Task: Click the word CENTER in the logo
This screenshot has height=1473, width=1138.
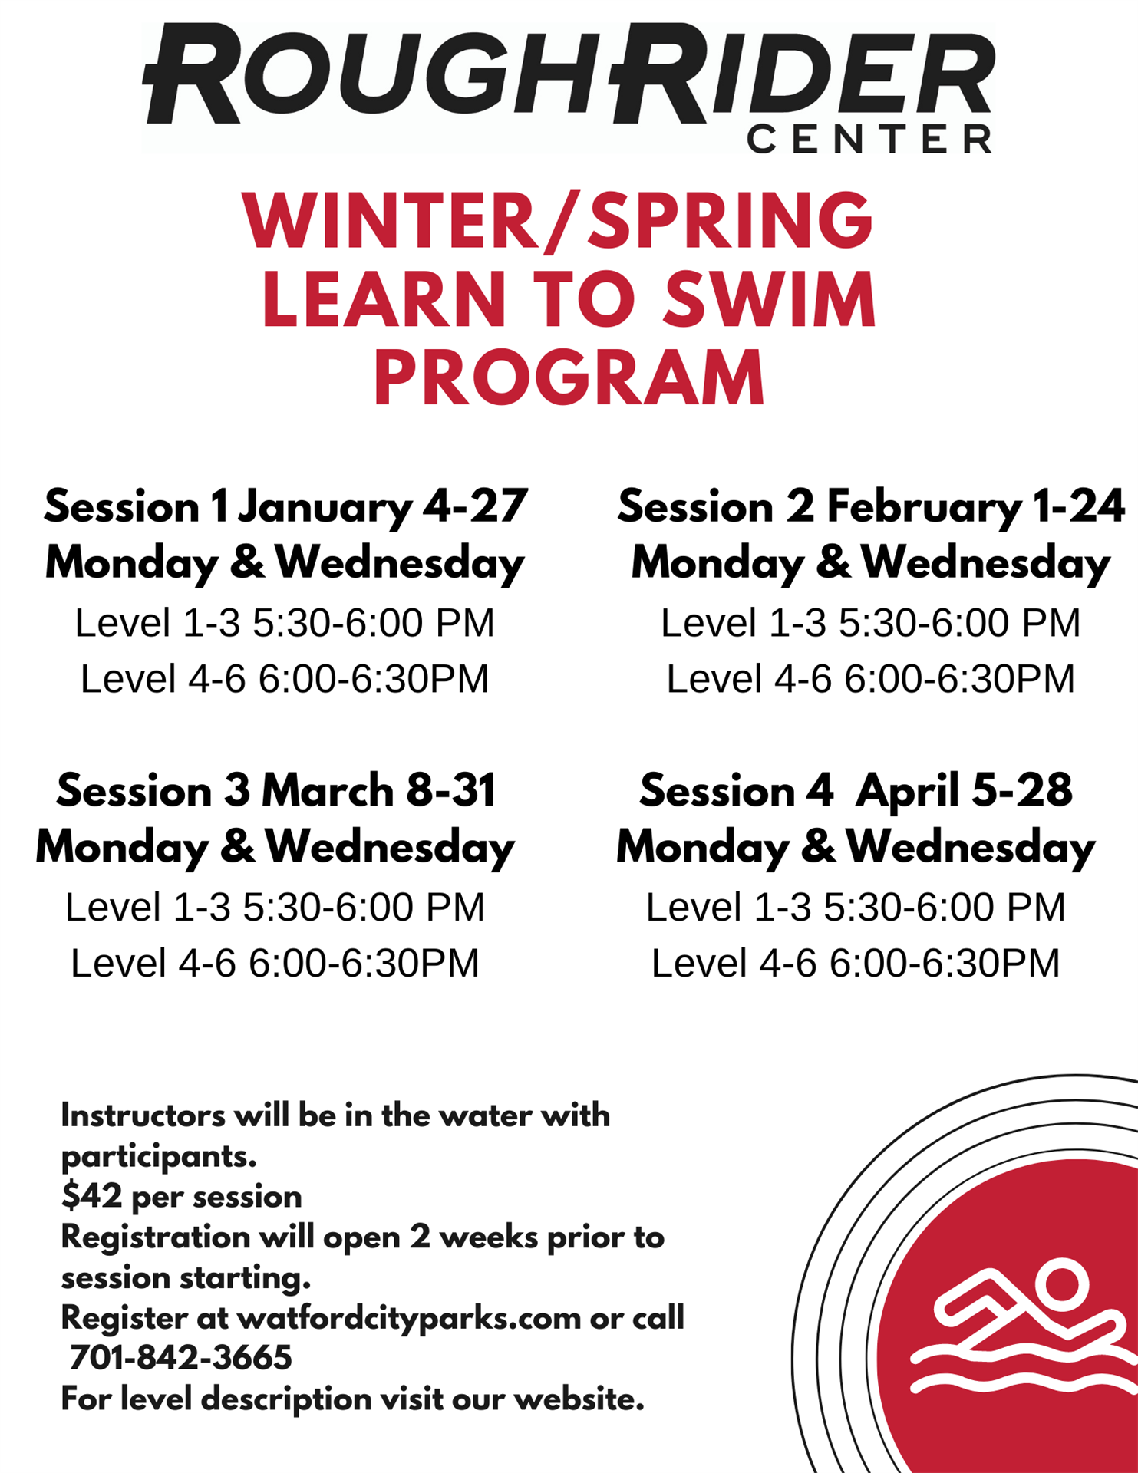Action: pos(869,139)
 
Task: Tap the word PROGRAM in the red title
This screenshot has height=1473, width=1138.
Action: pos(569,377)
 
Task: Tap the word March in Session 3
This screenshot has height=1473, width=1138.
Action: pos(328,790)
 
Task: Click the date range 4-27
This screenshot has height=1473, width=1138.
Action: pos(476,506)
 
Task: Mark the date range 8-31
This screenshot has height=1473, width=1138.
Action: pos(450,790)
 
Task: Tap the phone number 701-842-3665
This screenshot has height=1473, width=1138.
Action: pos(180,1358)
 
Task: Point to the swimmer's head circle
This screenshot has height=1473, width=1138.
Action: pos(1062,1285)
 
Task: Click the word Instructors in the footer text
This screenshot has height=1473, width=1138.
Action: pos(143,1115)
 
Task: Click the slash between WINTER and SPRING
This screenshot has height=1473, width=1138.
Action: pos(563,222)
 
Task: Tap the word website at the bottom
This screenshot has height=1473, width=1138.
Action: pos(579,1399)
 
